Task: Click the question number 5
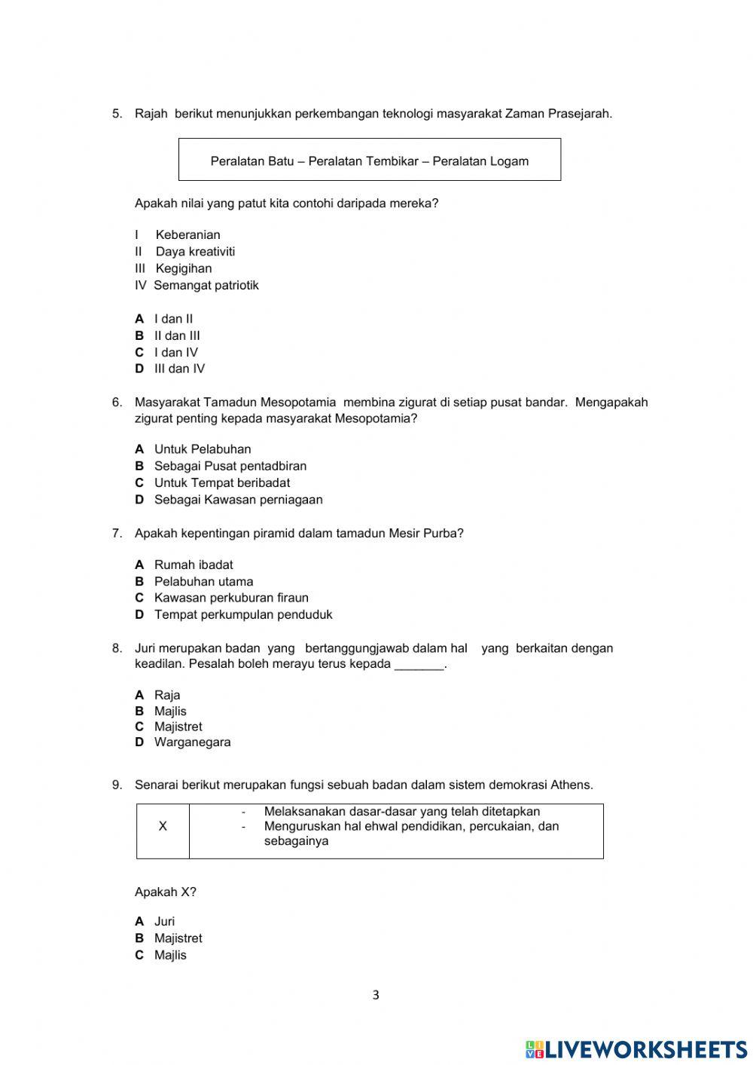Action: (117, 114)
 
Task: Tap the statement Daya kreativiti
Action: (195, 252)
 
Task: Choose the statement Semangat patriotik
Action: (206, 286)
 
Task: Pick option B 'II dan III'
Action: (177, 336)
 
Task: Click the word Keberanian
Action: (187, 235)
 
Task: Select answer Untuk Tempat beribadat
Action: (221, 483)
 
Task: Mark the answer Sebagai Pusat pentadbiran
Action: (230, 467)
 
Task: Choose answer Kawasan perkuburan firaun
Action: (231, 598)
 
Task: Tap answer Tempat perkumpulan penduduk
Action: (242, 615)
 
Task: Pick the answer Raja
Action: (166, 695)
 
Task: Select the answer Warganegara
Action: (192, 742)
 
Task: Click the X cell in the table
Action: (163, 827)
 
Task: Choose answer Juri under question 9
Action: (164, 922)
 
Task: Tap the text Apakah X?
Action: (165, 892)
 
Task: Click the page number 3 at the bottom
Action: (376, 996)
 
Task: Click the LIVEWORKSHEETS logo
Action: (636, 1048)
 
